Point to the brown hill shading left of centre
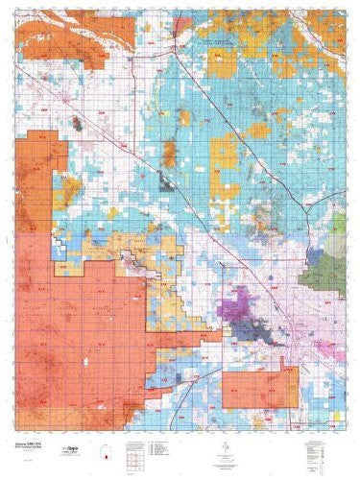tap(169, 153)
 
